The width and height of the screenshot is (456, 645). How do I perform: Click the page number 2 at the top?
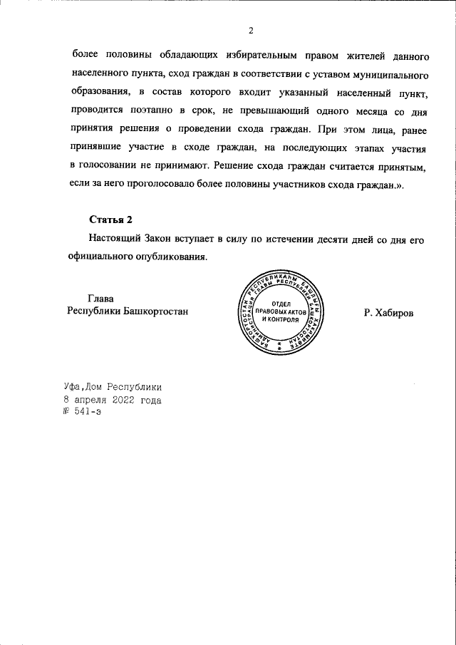point(251,30)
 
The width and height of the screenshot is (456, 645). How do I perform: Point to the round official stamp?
point(279,311)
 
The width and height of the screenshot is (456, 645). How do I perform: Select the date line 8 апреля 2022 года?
point(113,400)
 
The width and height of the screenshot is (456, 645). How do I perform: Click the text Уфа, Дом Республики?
point(113,387)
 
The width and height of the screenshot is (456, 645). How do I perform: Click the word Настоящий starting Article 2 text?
point(115,240)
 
